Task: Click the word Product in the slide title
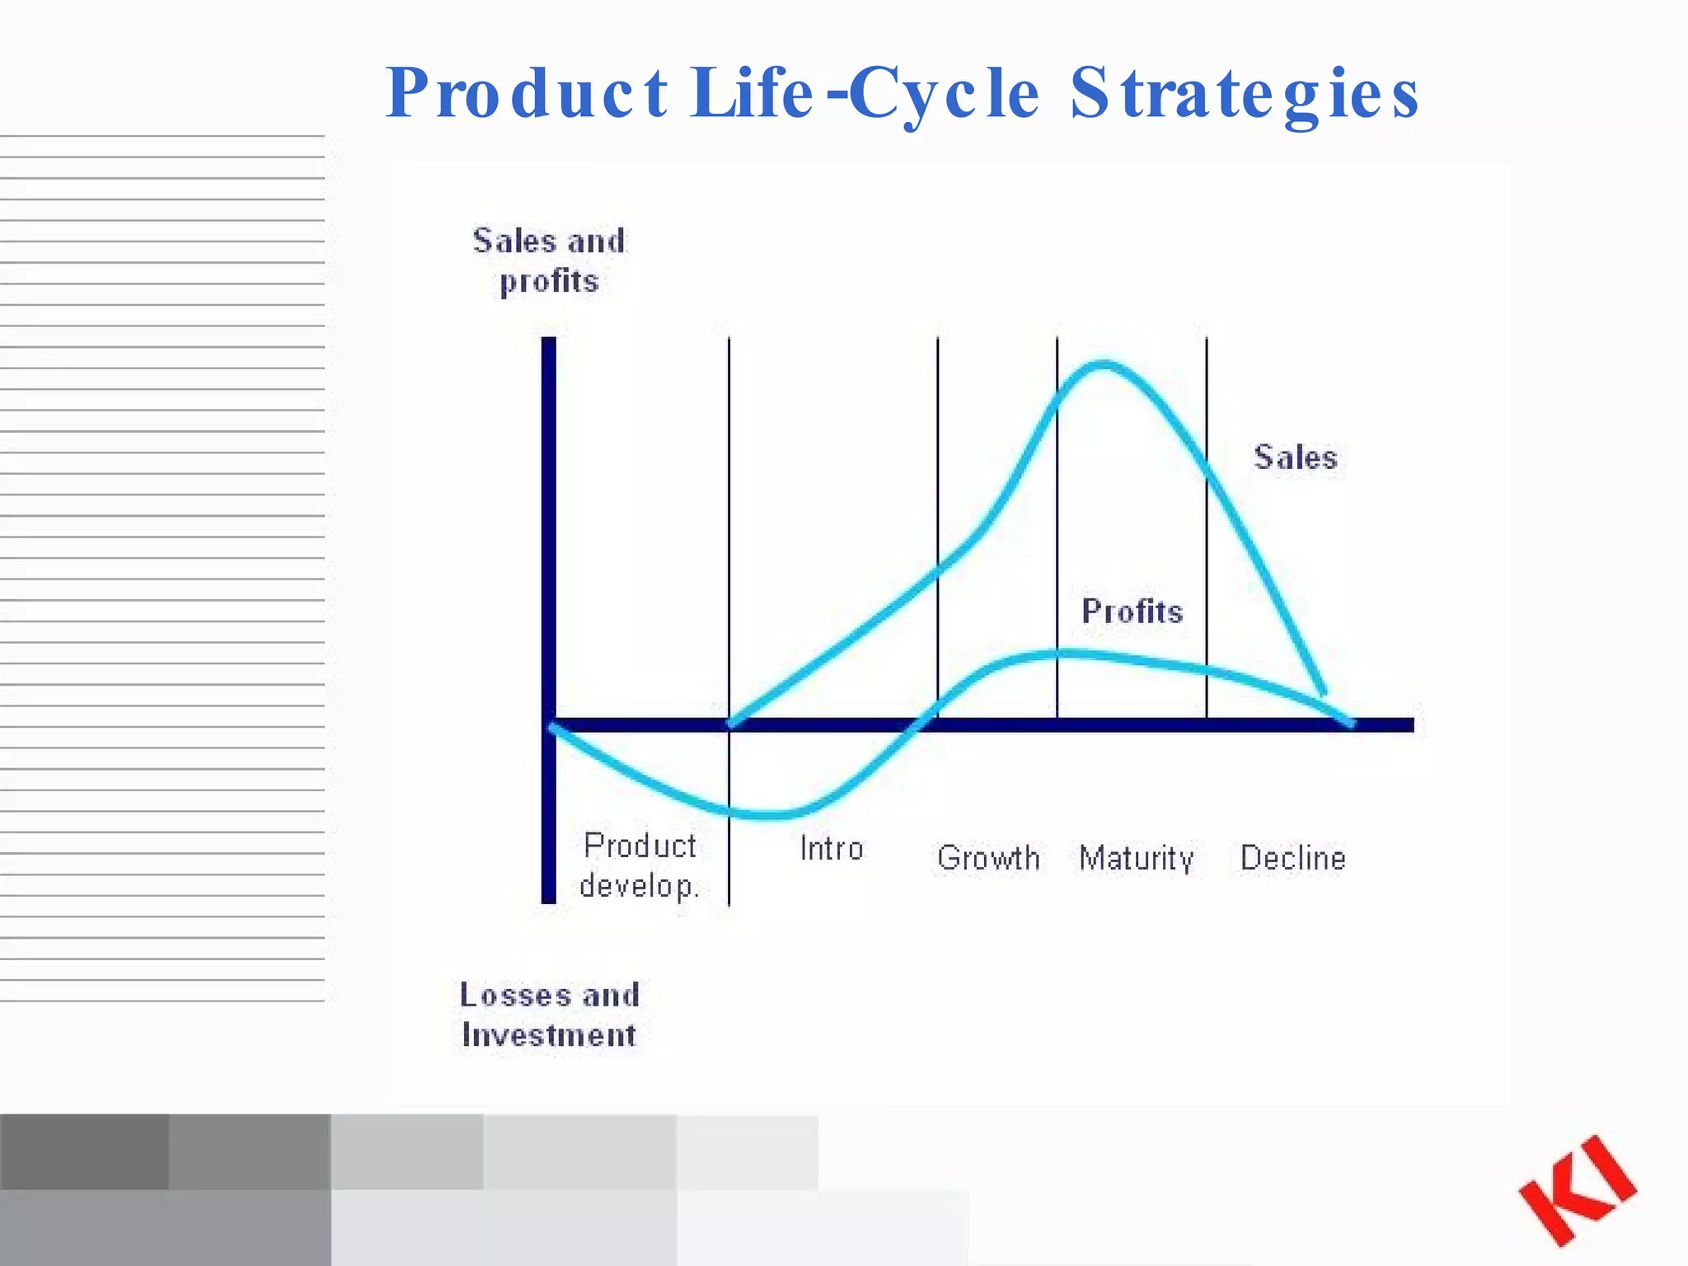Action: click(527, 93)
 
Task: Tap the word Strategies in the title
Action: click(1245, 93)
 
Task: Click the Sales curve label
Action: click(1295, 457)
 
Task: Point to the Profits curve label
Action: click(1132, 612)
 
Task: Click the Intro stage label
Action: click(831, 849)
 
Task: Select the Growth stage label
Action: click(988, 859)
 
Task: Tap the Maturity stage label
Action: click(1136, 859)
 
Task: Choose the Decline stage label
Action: click(1292, 859)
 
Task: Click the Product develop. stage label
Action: click(640, 865)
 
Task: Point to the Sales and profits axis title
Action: click(549, 260)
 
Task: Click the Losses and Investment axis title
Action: click(549, 1015)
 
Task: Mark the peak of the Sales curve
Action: click(1103, 363)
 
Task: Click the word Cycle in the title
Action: click(945, 93)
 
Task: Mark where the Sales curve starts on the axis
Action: click(730, 724)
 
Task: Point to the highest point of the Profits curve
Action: click(1063, 654)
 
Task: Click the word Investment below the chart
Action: click(549, 1035)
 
